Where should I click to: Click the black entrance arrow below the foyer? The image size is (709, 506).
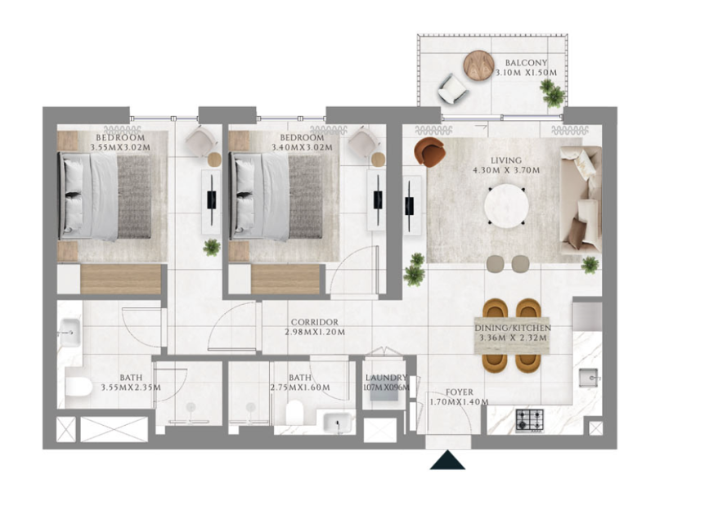click(447, 460)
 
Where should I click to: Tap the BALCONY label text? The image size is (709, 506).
click(526, 63)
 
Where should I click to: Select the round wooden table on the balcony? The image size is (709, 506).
click(478, 65)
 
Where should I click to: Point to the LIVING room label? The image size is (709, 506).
click(506, 160)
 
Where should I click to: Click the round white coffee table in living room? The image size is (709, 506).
click(506, 206)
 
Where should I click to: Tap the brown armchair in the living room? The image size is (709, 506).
click(429, 152)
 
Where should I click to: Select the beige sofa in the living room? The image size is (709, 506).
click(581, 199)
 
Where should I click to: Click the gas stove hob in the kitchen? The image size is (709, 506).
click(529, 420)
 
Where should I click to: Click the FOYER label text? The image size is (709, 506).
click(459, 392)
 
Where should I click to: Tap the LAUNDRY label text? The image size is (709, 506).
click(386, 378)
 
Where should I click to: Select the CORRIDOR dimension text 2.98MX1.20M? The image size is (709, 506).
click(315, 332)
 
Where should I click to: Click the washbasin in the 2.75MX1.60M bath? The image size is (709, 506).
click(339, 423)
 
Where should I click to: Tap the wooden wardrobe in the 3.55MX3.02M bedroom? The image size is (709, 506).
click(121, 280)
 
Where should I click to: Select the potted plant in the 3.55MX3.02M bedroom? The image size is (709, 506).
click(212, 248)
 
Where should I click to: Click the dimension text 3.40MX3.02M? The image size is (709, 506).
click(302, 147)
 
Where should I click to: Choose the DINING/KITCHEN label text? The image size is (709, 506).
click(513, 328)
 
